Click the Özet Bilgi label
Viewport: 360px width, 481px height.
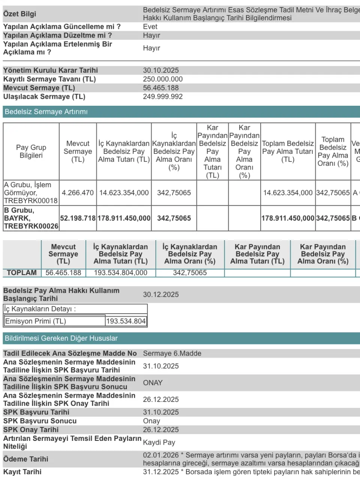tap(19, 14)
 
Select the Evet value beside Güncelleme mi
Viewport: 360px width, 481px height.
tap(150, 27)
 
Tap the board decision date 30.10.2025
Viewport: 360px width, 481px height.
tap(161, 71)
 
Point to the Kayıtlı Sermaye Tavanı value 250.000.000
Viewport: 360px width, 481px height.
tap(163, 79)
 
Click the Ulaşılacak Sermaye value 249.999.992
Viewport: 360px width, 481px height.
tap(163, 97)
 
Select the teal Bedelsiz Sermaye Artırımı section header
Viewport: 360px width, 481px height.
tap(46, 112)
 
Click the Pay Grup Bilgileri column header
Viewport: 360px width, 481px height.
tap(31, 152)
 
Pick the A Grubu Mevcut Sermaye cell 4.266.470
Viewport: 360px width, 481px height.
tap(78, 193)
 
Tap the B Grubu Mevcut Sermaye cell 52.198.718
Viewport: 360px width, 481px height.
tap(78, 218)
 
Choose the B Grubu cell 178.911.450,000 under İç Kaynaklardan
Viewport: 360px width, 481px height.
tap(124, 218)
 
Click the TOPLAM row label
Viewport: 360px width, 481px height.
tap(22, 273)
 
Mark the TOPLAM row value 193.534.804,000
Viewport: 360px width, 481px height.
tap(120, 273)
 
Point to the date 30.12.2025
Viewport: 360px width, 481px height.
tap(161, 295)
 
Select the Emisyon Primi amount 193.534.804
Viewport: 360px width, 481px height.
tap(126, 321)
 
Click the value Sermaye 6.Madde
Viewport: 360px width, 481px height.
tap(172, 353)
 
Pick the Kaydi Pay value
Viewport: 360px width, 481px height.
tap(159, 442)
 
